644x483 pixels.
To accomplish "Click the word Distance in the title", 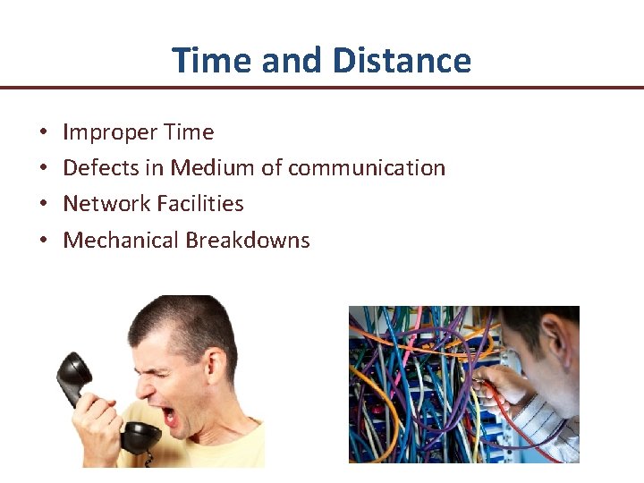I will pyautogui.click(x=401, y=60).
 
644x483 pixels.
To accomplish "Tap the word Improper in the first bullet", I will pyautogui.click(x=101, y=132).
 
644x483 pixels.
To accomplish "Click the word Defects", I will pyautogui.click(x=97, y=168).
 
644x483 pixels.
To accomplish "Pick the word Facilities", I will pyautogui.click(x=199, y=204).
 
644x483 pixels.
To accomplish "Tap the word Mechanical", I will pyautogui.click(x=121, y=241).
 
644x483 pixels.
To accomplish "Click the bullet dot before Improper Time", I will pyautogui.click(x=44, y=133).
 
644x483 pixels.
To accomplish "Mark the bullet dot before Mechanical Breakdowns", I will pyautogui.click(x=44, y=241).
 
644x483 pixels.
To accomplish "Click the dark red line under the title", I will pyautogui.click(x=322, y=88).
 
